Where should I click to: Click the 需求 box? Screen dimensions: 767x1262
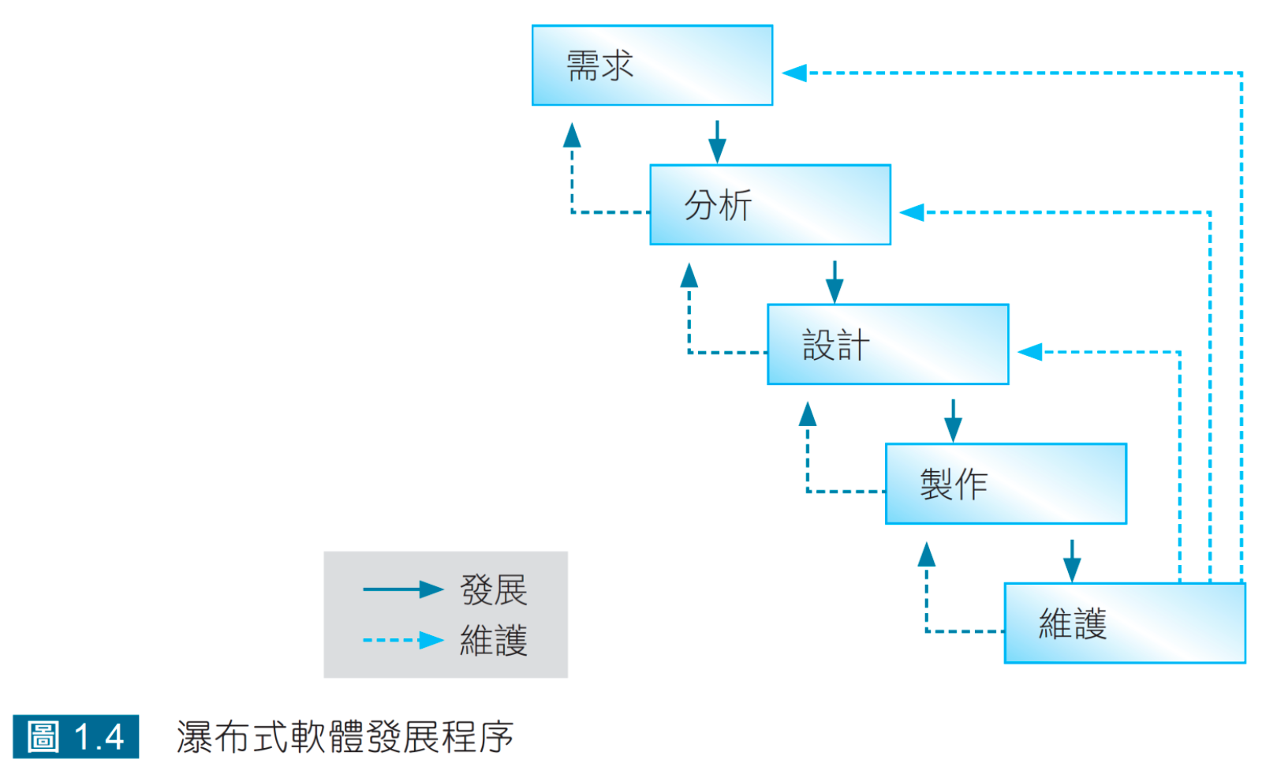click(652, 65)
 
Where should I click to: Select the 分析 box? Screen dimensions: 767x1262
click(770, 205)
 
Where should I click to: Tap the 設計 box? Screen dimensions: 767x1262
click(887, 345)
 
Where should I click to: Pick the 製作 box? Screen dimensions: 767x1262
click(1006, 484)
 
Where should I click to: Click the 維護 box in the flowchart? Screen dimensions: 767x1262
click(1124, 623)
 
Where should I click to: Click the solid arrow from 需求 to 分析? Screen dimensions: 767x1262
click(717, 142)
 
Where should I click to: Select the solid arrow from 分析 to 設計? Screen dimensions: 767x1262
click(834, 282)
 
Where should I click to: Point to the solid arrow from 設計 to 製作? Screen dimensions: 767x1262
click(953, 421)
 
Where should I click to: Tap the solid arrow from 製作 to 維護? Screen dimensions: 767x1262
click(1071, 560)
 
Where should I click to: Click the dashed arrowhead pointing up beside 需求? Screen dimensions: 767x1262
click(572, 136)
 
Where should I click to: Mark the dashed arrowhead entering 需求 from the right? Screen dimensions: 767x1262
click(794, 73)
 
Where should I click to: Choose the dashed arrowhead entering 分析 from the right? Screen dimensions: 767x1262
click(912, 212)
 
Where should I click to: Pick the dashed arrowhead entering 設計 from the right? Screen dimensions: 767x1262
click(1030, 352)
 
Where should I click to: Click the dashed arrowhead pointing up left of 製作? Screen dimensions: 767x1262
click(808, 414)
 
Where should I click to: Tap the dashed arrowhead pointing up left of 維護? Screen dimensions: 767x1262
click(927, 555)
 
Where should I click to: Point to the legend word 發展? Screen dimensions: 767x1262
click(494, 590)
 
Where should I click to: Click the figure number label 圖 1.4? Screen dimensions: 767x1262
click(76, 737)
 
